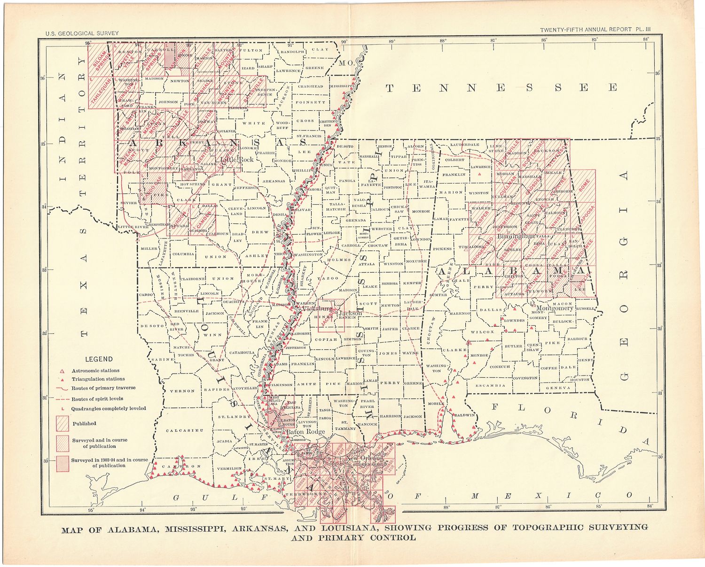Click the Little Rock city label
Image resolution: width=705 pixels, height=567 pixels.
[237, 160]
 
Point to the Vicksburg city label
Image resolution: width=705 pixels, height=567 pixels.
[317, 309]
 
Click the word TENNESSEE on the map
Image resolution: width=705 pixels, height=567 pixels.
[501, 88]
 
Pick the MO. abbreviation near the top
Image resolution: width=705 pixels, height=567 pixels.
[348, 62]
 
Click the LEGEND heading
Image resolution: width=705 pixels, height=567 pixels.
[99, 359]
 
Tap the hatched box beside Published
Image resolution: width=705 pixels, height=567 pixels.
[63, 423]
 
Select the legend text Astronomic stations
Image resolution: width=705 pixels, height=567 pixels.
[95, 370]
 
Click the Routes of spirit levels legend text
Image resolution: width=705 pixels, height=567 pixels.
[97, 398]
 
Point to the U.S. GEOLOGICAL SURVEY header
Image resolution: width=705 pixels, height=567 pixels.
[82, 33]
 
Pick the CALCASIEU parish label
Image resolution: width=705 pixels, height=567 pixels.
[185, 430]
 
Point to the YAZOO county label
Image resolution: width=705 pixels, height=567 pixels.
[328, 278]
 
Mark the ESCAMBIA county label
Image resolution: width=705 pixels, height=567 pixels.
[490, 385]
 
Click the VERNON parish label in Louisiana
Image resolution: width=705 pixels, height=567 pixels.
[182, 391]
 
